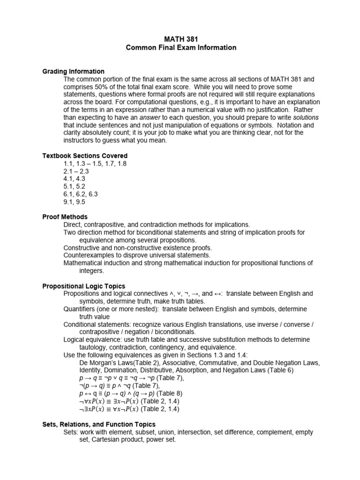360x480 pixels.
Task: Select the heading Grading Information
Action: pyautogui.click(x=74, y=71)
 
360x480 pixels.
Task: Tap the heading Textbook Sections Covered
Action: pyautogui.click(x=85, y=156)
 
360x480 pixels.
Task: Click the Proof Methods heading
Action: pyautogui.click(x=65, y=217)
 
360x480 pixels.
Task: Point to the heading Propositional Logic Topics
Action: pyautogui.click(x=84, y=286)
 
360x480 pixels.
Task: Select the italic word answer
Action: pyautogui.click(x=151, y=117)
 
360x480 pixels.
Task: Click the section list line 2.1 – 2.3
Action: pyautogui.click(x=76, y=171)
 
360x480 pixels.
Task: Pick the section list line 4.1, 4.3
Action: pyautogui.click(x=75, y=179)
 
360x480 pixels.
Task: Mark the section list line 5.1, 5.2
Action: pyautogui.click(x=75, y=187)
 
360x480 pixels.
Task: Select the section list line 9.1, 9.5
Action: pyautogui.click(x=75, y=202)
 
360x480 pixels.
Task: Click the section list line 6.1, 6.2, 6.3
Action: pyautogui.click(x=81, y=194)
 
